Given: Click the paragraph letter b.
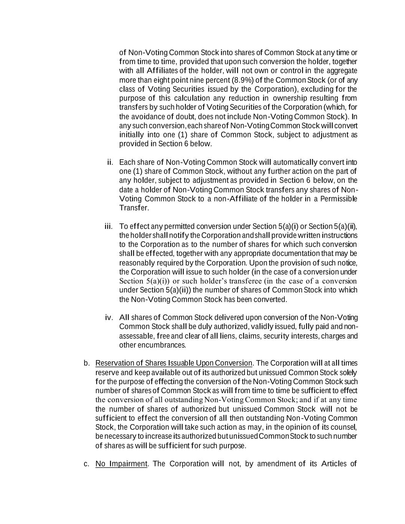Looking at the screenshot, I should pos(87,363).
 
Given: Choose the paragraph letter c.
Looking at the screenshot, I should pos(87,464).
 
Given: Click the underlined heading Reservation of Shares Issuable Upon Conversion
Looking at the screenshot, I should pos(174,363).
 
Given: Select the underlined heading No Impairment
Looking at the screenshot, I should pos(121,464).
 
